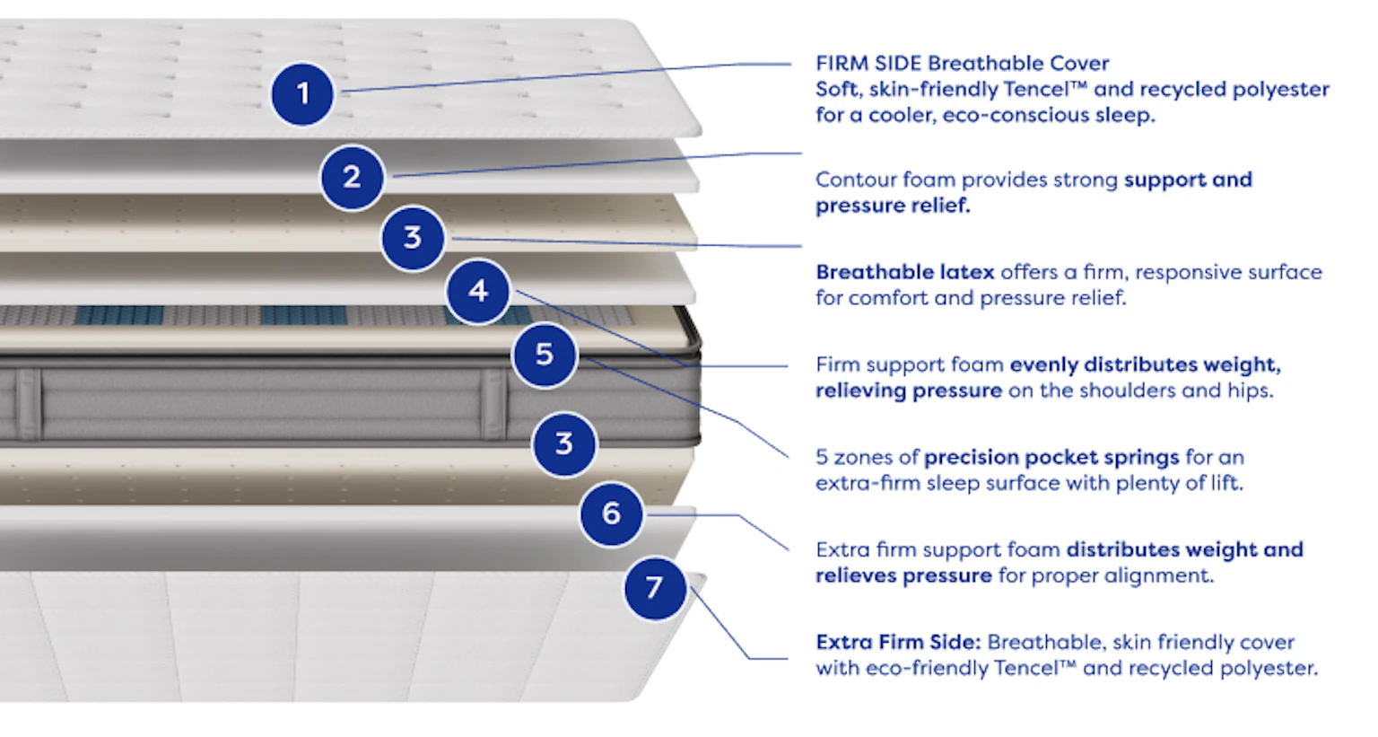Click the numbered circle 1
pos(302,93)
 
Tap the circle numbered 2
pos(352,177)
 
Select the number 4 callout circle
pos(478,291)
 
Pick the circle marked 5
pos(545,355)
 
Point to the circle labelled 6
pos(611,513)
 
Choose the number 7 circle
pos(655,587)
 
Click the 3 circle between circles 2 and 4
pos(413,238)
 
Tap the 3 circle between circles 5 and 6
pos(564,443)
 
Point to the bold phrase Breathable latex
pos(904,272)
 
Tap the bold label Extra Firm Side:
pos(896,642)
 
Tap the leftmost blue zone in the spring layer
pos(119,315)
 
